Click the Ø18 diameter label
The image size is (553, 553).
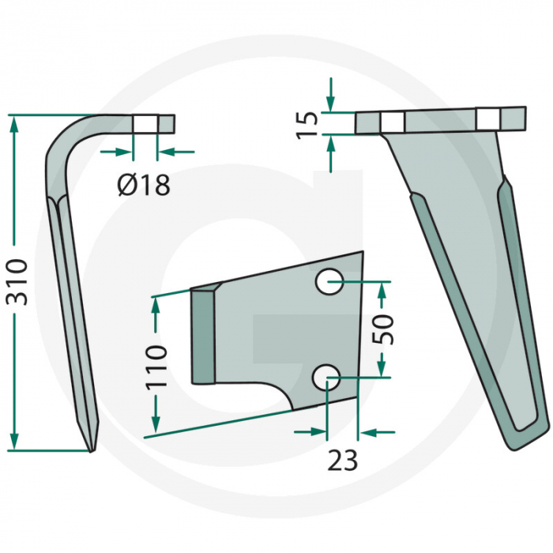(x=143, y=186)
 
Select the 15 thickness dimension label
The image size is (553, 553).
(x=310, y=124)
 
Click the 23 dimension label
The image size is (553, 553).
(x=341, y=459)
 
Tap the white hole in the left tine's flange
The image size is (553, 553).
(x=145, y=124)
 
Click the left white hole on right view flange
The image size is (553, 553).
(x=393, y=122)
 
